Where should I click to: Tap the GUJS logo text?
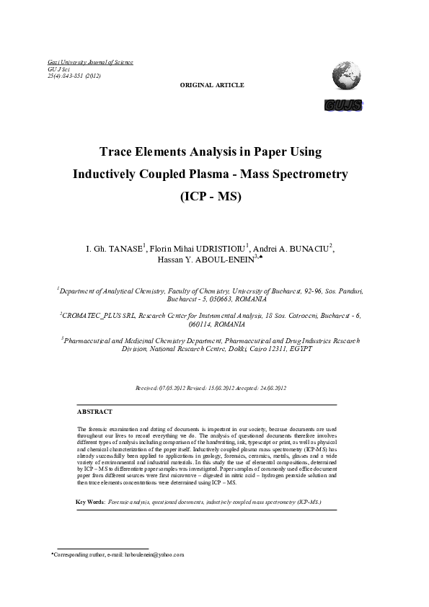344,106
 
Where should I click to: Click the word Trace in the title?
120,153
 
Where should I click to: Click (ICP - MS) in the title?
213,196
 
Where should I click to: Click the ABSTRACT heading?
94,412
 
